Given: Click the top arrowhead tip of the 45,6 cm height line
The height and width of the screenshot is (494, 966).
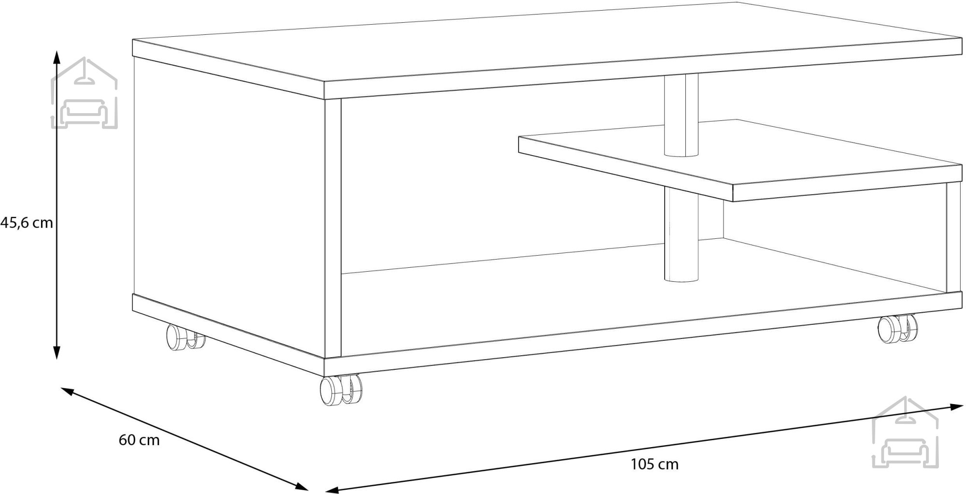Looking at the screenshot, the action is (57, 51).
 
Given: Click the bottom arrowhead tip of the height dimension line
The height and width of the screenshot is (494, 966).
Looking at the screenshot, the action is (57, 360).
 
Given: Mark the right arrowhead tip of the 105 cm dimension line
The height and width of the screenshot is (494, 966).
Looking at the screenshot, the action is (964, 406).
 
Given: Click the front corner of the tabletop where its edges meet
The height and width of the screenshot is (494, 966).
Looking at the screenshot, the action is (324, 82).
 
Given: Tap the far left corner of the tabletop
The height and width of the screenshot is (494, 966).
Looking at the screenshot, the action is (133, 40).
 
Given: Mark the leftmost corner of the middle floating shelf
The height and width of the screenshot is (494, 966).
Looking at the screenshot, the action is (518, 137).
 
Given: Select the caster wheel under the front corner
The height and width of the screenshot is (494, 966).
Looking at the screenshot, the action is (341, 390).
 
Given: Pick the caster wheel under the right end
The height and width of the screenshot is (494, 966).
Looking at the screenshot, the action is (897, 330).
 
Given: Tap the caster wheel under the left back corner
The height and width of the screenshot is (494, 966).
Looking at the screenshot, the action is (185, 336).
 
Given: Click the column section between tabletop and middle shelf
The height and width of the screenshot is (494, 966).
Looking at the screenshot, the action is (681, 115).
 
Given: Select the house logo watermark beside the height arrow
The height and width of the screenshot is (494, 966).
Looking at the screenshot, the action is (85, 93).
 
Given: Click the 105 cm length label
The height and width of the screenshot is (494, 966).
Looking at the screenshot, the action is (654, 465).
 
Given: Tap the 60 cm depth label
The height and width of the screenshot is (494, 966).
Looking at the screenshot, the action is (139, 440).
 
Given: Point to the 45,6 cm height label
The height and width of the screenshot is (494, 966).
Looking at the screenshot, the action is (27, 223).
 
